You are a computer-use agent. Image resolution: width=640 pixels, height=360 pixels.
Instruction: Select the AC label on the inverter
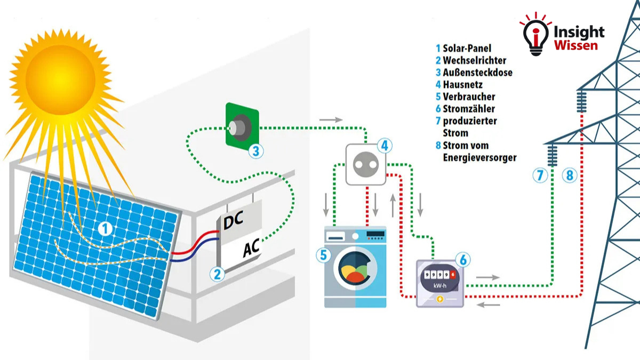point(251,249)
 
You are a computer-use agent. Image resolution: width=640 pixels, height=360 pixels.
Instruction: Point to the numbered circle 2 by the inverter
point(217,274)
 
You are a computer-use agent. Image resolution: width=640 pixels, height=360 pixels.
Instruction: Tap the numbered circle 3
point(257,151)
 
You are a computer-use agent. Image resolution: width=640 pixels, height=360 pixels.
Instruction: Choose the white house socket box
point(365,164)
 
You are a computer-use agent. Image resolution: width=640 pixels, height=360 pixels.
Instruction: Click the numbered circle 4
point(384,145)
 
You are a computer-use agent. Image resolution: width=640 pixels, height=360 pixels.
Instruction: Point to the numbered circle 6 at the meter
point(463,260)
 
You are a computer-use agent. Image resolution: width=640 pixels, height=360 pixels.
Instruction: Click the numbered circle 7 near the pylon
point(540,174)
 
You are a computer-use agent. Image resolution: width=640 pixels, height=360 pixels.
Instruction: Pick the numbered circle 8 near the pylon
point(570,174)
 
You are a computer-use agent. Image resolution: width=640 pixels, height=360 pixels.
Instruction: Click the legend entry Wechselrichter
point(474,60)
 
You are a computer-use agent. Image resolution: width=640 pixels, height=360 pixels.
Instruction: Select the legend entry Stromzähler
point(470,109)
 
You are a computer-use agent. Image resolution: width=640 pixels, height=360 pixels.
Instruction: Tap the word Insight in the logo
point(579,31)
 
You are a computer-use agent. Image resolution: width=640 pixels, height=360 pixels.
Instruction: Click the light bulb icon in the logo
point(535,35)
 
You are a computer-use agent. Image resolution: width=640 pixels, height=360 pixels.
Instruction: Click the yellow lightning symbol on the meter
point(439,299)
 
